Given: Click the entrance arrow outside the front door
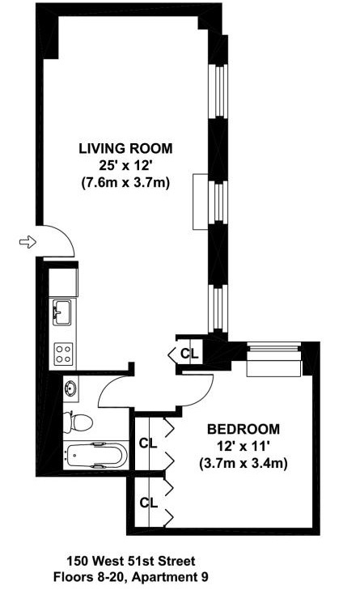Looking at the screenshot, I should coord(26,241).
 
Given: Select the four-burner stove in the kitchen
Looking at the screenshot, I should coord(63,352).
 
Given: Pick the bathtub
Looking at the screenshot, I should coord(96,457).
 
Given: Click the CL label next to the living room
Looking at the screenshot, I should coord(188,354).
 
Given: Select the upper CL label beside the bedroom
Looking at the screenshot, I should coord(148,443).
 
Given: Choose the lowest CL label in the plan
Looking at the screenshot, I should coord(148,503).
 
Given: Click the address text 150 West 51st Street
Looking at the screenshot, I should coord(130,561).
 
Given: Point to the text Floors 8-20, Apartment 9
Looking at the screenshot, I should coord(130,577).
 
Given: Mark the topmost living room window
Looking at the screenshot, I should coord(216,90).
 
